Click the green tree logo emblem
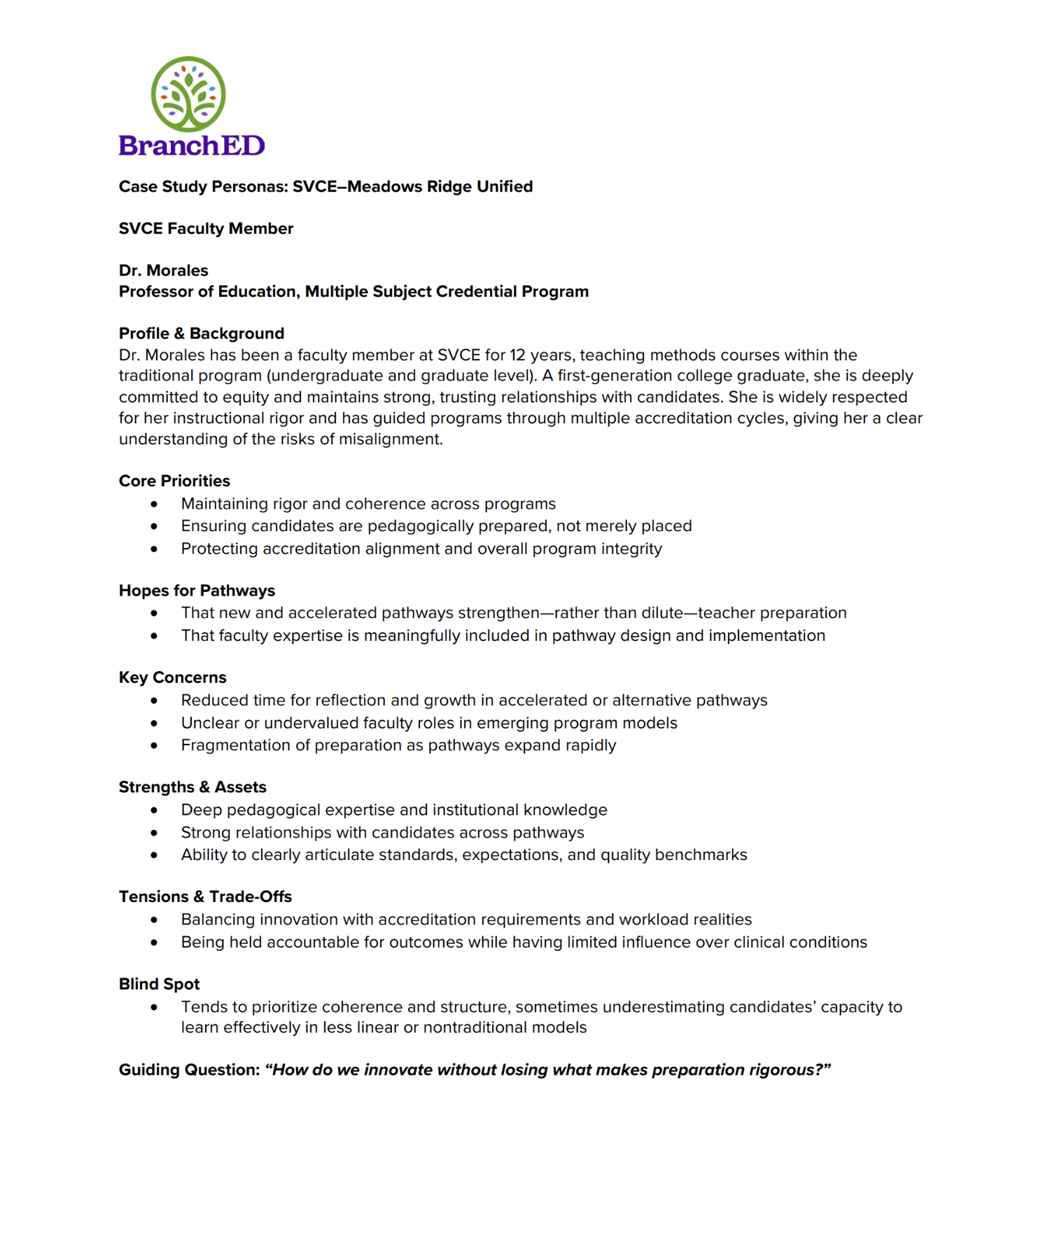pyautogui.click(x=188, y=94)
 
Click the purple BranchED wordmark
pyautogui.click(x=192, y=146)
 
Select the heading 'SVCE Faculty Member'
pyautogui.click(x=206, y=229)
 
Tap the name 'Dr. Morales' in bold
pyautogui.click(x=163, y=271)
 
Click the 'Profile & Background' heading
pyautogui.click(x=202, y=334)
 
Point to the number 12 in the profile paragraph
pyautogui.click(x=517, y=355)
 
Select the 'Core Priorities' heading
pyautogui.click(x=174, y=481)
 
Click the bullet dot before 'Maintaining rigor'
pyautogui.click(x=154, y=505)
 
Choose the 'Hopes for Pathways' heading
pyautogui.click(x=197, y=591)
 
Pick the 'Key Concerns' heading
pyautogui.click(x=172, y=678)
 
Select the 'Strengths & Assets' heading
pyautogui.click(x=192, y=788)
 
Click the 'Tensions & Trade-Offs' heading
pyautogui.click(x=205, y=897)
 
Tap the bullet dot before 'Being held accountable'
pyautogui.click(x=154, y=943)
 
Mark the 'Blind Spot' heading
pyautogui.click(x=159, y=985)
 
